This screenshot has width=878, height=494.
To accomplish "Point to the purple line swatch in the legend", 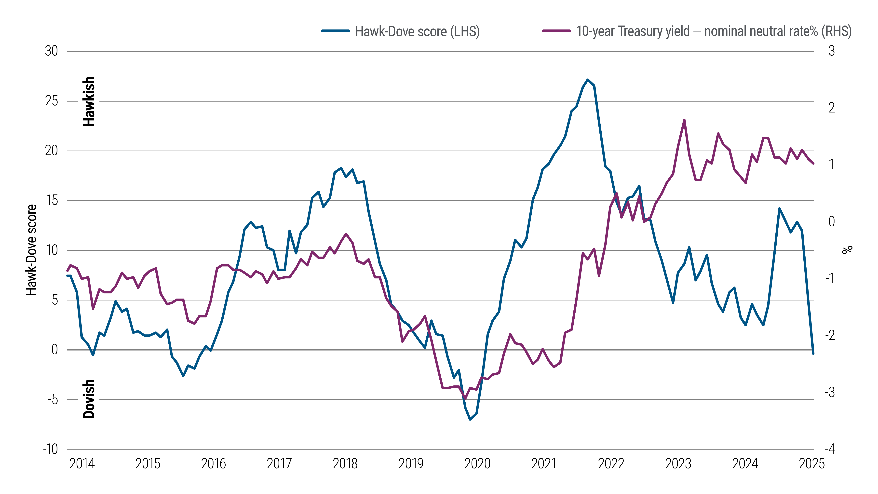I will tap(556, 31).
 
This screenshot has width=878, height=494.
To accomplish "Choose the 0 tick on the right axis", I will tap(832, 222).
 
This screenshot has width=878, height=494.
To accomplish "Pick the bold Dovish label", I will tap(89, 399).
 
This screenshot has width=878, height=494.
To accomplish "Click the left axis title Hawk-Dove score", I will tap(31, 250).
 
